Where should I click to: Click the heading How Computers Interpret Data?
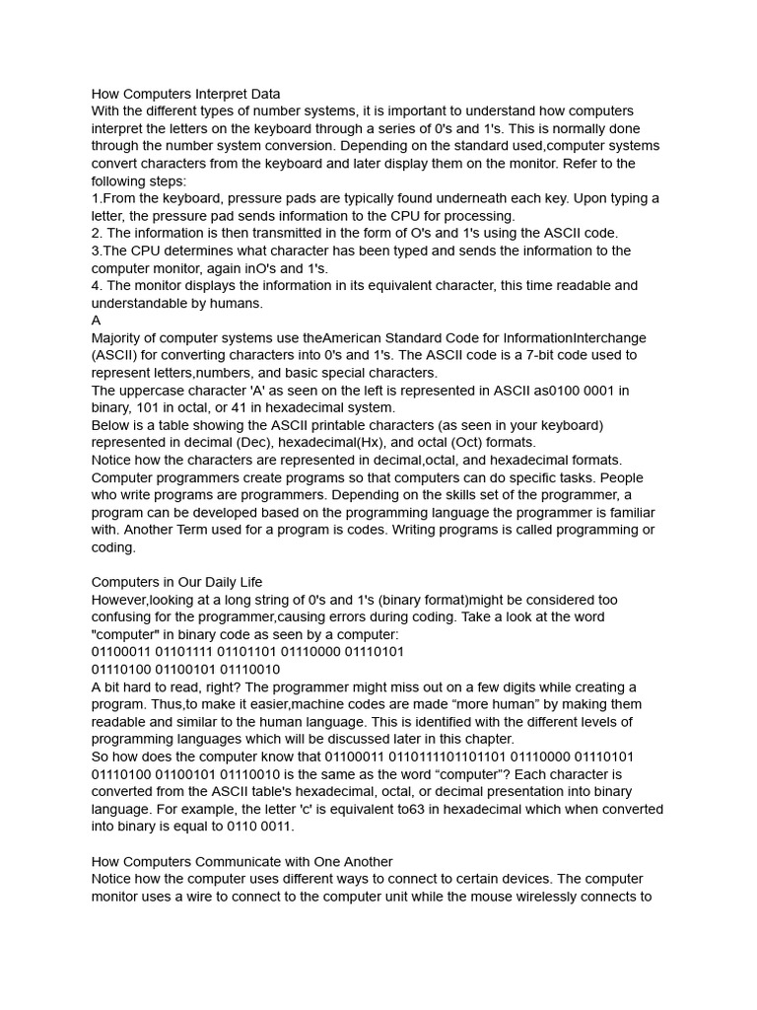[x=186, y=94]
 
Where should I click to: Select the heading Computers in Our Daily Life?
[x=176, y=582]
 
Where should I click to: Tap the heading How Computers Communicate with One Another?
[x=241, y=861]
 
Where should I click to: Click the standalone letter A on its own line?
[x=97, y=321]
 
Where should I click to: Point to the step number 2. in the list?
[x=98, y=234]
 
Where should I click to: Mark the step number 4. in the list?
[x=98, y=286]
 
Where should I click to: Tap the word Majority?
[x=121, y=338]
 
